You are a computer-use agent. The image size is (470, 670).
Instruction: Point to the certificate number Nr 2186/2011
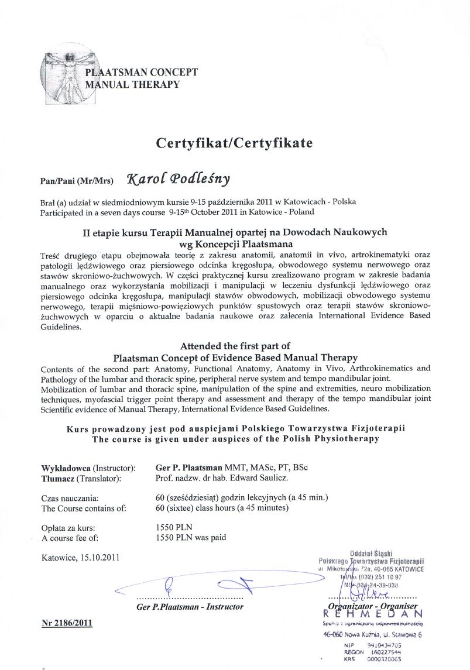pyautogui.click(x=67, y=623)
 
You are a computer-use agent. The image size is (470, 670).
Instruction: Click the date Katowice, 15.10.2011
pyautogui.click(x=81, y=557)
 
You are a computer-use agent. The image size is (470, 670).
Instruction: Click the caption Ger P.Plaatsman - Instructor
pyautogui.click(x=190, y=606)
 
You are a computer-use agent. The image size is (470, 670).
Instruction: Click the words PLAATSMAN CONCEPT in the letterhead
pyautogui.click(x=142, y=73)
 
